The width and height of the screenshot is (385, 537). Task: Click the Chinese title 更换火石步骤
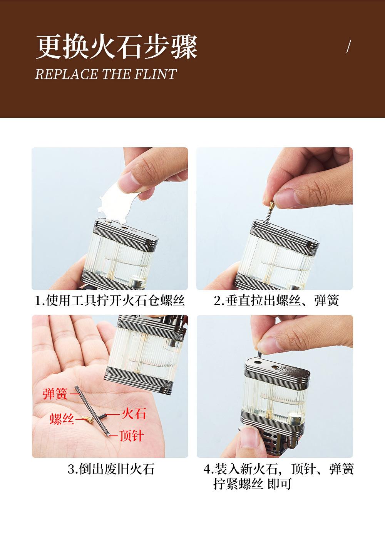pos(117,47)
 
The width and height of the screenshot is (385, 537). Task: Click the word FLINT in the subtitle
pos(156,74)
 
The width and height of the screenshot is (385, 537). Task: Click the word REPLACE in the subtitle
pos(67,74)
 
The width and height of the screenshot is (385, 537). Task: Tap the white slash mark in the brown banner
pos(349,47)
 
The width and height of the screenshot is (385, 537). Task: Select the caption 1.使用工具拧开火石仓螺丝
pos(110,300)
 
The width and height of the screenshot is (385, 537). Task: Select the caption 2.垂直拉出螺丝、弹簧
pos(276,300)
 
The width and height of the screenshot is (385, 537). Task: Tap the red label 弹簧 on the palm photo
pos(55,394)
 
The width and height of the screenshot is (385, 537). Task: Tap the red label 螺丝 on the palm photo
pos(62,419)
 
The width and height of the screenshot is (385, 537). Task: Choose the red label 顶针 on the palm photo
pos(132,435)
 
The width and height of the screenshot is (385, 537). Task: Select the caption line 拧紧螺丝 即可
pos(252,484)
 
